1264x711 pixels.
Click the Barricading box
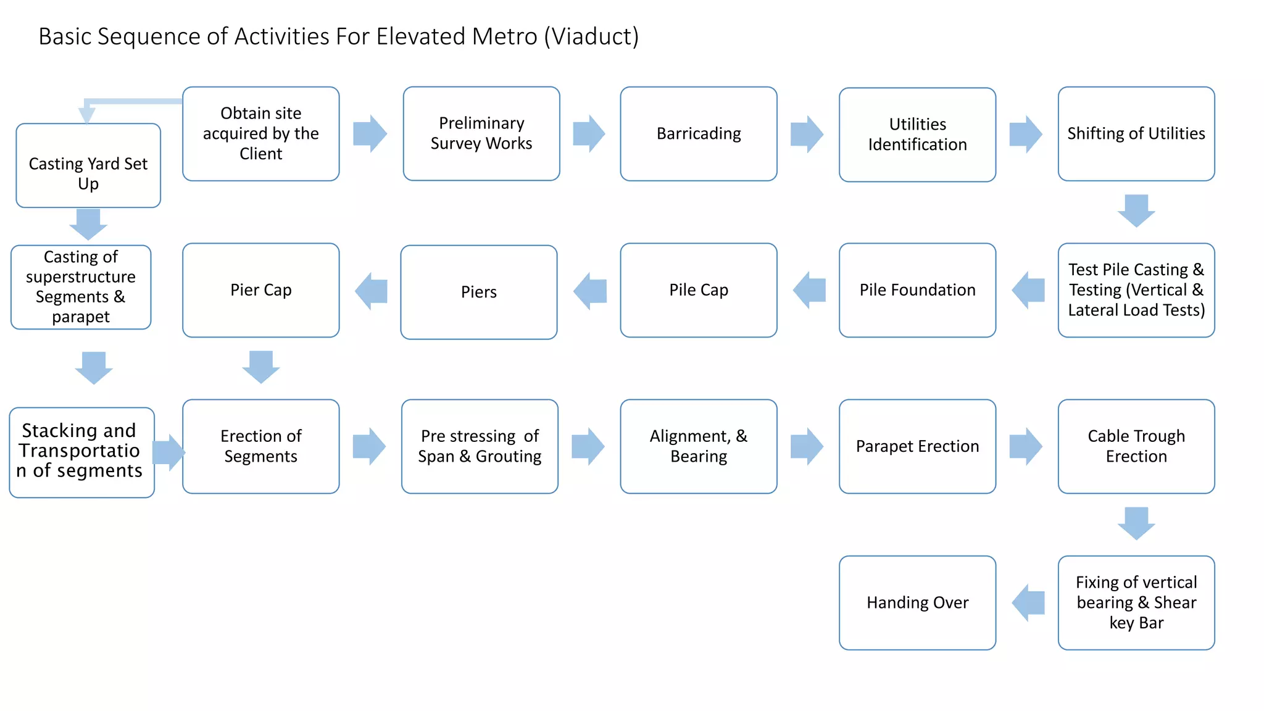pyautogui.click(x=698, y=134)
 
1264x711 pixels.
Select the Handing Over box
pyautogui.click(x=917, y=602)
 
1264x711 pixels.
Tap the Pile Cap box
pyautogui.click(x=698, y=290)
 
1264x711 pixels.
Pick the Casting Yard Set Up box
pyautogui.click(x=88, y=165)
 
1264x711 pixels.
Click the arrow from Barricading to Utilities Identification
pyautogui.click(x=807, y=134)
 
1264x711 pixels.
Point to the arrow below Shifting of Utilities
pyautogui.click(x=1136, y=210)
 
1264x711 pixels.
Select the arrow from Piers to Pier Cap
pyautogui.click(x=372, y=291)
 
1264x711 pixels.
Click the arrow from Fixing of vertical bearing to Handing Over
pyautogui.click(x=1028, y=602)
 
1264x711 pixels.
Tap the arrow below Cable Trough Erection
pyautogui.click(x=1136, y=523)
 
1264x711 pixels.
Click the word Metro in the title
pyautogui.click(x=505, y=36)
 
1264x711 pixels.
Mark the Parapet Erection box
pyautogui.click(x=917, y=446)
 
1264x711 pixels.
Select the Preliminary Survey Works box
pyautogui.click(x=481, y=134)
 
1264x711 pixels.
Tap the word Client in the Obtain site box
pyautogui.click(x=261, y=154)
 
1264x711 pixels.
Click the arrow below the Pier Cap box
pyautogui.click(x=261, y=367)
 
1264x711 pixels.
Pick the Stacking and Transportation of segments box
pyautogui.click(x=81, y=452)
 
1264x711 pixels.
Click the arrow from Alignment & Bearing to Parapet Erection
pyautogui.click(x=807, y=446)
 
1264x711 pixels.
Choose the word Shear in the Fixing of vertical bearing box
pyautogui.click(x=1175, y=602)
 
